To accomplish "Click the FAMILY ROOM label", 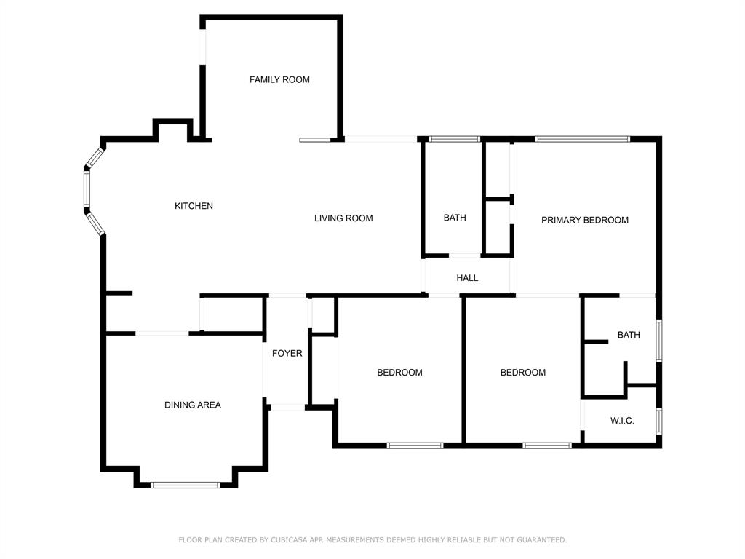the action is tap(279, 79).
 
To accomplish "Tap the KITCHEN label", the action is tap(194, 206).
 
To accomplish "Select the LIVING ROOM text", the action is tap(343, 218).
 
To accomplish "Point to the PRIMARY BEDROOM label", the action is tap(585, 220).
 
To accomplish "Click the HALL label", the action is tap(468, 277).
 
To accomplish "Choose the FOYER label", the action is tap(287, 353).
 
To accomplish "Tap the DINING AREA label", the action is tap(192, 405).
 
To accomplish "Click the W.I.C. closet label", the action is tap(623, 421).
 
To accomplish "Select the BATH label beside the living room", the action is tap(455, 218).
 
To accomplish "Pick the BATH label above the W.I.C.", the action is tap(629, 335).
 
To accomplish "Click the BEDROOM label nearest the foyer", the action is tap(399, 373).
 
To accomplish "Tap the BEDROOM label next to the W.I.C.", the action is tap(522, 373).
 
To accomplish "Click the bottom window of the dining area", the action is tap(186, 485).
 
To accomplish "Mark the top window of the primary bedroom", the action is tap(583, 139).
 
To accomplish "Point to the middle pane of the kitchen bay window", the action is tap(87, 189).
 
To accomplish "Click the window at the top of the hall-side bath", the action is tap(455, 139).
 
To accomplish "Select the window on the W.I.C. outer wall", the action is tap(659, 421).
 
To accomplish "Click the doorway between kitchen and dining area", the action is tap(162, 333).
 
